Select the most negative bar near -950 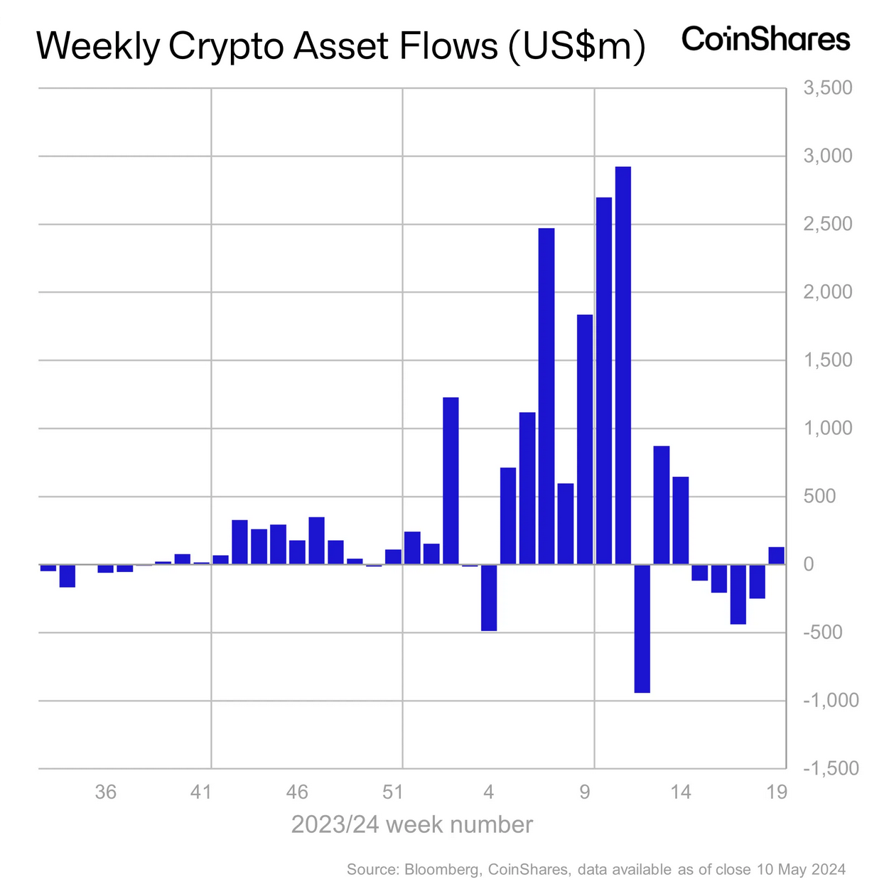tap(642, 628)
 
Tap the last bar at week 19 tap(776, 556)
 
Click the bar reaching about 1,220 tap(451, 480)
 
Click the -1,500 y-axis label tap(831, 768)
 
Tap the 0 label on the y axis tap(808, 564)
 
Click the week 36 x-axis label tap(105, 792)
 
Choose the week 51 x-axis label tap(392, 792)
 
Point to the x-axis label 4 tap(488, 792)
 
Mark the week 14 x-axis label tap(681, 792)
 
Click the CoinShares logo tap(765, 39)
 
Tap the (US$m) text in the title tap(576, 47)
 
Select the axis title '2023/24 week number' tap(412, 824)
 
